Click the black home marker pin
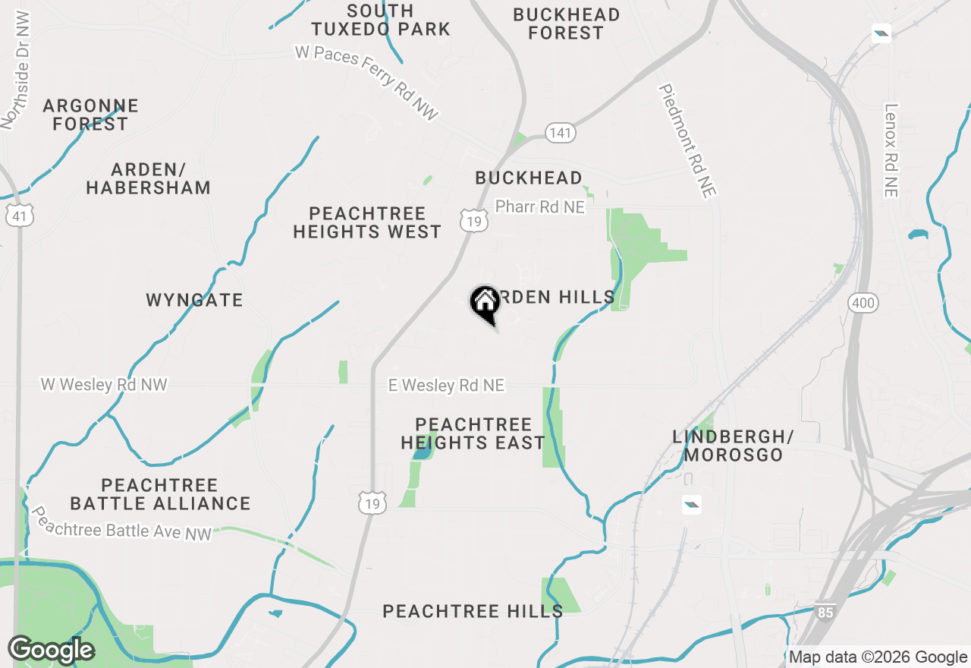[485, 303]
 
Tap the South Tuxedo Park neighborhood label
[381, 20]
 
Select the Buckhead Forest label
[566, 24]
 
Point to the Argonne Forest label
[90, 115]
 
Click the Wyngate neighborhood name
[194, 300]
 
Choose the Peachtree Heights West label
[367, 222]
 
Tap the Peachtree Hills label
[473, 611]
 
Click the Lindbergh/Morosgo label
[733, 446]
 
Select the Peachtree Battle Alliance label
[160, 494]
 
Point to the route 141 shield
[561, 133]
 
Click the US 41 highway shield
[19, 216]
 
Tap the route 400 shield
[864, 304]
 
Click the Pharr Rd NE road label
[540, 206]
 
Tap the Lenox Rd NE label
[891, 150]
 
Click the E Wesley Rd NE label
[446, 386]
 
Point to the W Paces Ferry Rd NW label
[367, 83]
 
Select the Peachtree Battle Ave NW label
[121, 525]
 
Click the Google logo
[51, 650]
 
